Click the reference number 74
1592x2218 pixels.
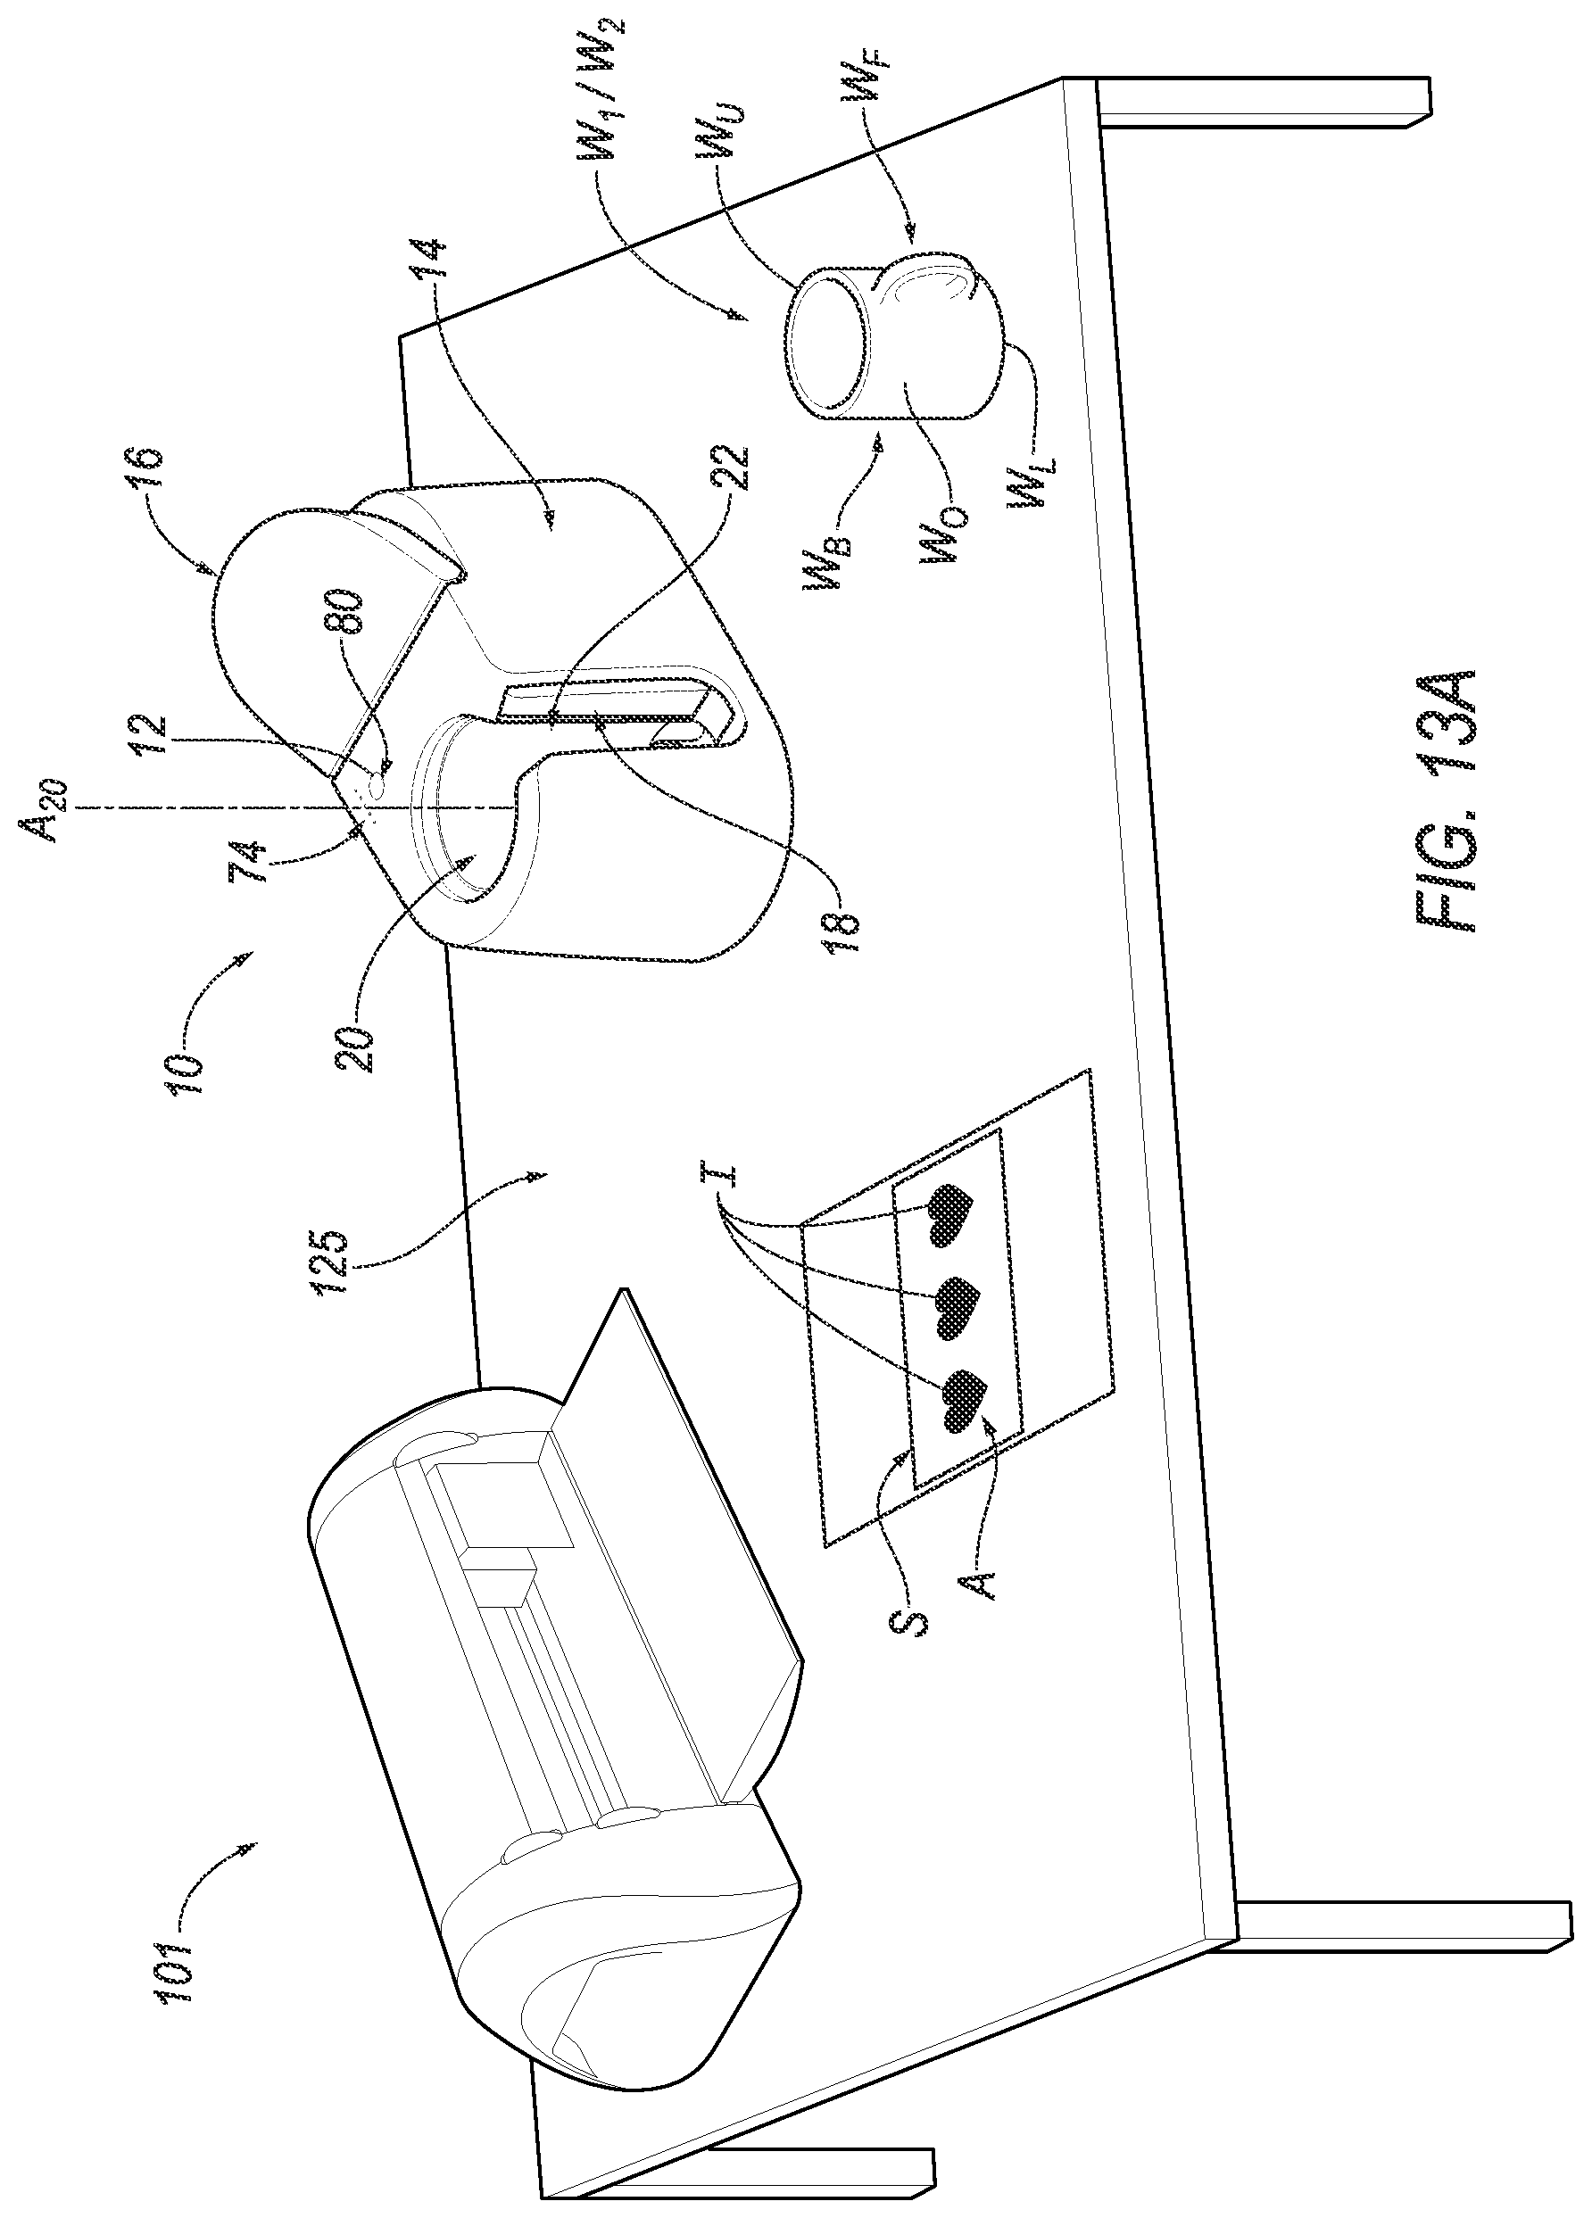click(x=249, y=873)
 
